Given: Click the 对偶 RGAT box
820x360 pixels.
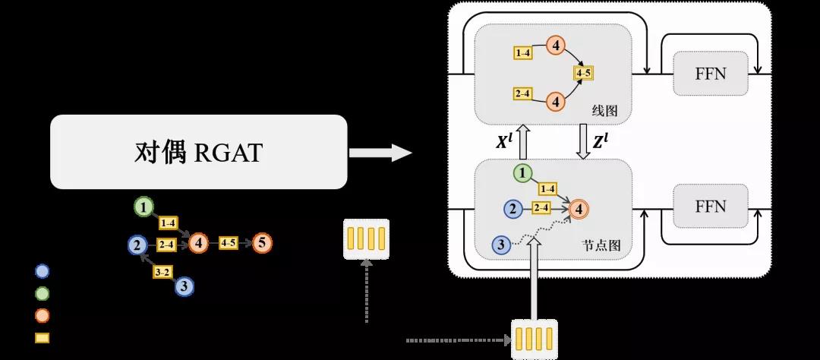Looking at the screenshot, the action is pyautogui.click(x=199, y=152).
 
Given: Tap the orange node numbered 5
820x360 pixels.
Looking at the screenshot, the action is pyautogui.click(x=262, y=243).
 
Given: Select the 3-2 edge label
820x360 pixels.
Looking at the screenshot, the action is pyautogui.click(x=162, y=272).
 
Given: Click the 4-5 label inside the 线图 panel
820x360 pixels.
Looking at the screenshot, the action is pyautogui.click(x=584, y=73).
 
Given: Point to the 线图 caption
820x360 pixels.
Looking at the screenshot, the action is pyautogui.click(x=605, y=111).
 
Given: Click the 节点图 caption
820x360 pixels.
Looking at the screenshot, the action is pyautogui.click(x=601, y=245).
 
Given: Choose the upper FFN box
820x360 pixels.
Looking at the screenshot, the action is pyautogui.click(x=711, y=73).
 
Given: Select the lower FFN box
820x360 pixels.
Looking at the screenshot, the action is pyautogui.click(x=711, y=206).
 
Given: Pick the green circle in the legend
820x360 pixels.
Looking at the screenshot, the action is pyautogui.click(x=42, y=294).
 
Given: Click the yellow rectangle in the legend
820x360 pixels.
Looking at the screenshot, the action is pyautogui.click(x=42, y=338).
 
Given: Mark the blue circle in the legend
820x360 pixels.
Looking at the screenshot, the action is pyautogui.click(x=42, y=271).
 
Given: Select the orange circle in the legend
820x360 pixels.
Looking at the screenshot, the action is pyautogui.click(x=42, y=315).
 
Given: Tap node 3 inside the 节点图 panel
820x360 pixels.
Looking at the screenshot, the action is pyautogui.click(x=500, y=245).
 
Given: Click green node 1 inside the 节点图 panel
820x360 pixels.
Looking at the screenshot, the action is pyautogui.click(x=523, y=173).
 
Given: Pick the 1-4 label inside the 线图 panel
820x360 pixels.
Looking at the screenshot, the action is pyautogui.click(x=523, y=53).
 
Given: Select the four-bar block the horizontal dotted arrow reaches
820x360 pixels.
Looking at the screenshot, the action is pyautogui.click(x=535, y=339).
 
